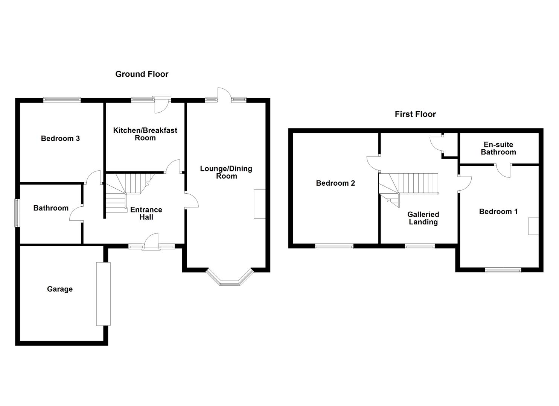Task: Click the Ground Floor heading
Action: [x=142, y=74]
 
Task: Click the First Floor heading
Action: [x=415, y=114]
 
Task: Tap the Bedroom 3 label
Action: [x=60, y=138]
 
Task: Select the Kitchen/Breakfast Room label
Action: [x=145, y=134]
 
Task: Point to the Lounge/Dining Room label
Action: [x=226, y=172]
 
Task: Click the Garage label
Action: [x=60, y=289]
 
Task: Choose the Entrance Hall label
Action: [x=146, y=214]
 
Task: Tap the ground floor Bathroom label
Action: [x=51, y=208]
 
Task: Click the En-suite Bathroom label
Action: [x=498, y=148]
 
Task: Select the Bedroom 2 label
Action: [x=335, y=183]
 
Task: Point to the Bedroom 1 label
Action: [x=498, y=211]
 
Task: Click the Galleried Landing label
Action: [x=423, y=218]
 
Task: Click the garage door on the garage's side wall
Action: [x=103, y=294]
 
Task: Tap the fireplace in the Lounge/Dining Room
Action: [x=259, y=204]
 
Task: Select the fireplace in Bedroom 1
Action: [x=533, y=226]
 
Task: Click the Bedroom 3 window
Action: [x=62, y=100]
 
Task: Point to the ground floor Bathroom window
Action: [x=17, y=213]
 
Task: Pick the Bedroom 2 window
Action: [x=334, y=247]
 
